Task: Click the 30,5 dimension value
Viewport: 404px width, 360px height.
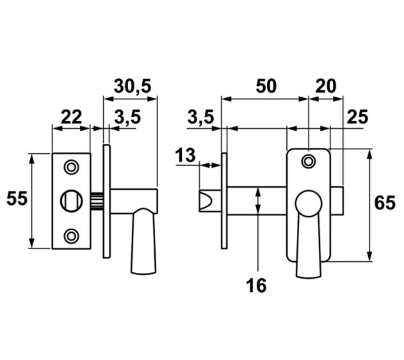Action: point(133,86)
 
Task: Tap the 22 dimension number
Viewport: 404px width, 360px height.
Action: point(71,117)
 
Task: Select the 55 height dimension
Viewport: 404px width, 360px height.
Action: point(17,199)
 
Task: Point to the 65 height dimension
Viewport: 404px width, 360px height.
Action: point(385,203)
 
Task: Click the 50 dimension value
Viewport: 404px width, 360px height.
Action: point(266,86)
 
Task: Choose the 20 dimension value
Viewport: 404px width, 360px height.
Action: point(326,86)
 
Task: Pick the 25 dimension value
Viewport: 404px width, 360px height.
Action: point(358,117)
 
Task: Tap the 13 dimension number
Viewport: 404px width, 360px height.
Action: point(185,156)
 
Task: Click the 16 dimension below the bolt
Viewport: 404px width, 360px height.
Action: point(256,286)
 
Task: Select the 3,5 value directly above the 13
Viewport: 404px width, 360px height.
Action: point(200,117)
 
